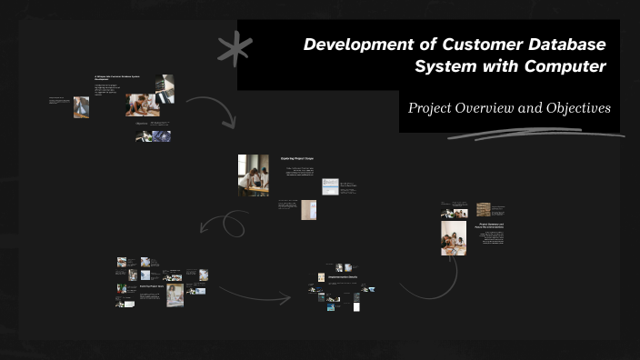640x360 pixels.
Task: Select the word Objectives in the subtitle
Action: click(578, 107)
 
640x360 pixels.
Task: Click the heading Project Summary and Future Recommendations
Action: click(491, 225)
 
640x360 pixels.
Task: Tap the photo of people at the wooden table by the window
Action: click(254, 175)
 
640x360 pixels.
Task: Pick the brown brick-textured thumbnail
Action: click(483, 209)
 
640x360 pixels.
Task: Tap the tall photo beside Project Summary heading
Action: click(454, 238)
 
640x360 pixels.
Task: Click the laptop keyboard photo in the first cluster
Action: click(164, 89)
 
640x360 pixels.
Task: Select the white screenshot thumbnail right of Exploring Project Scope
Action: click(330, 185)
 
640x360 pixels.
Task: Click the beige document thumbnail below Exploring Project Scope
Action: click(309, 210)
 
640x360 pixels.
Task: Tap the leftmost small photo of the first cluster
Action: click(81, 107)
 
